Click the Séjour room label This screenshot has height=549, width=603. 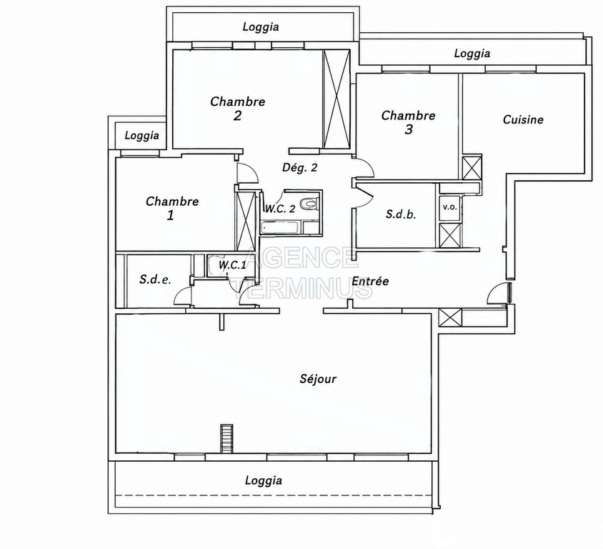pyautogui.click(x=318, y=380)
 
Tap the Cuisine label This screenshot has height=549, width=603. pyautogui.click(x=523, y=119)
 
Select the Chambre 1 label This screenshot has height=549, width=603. pyautogui.click(x=172, y=208)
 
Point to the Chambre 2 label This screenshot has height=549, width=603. pyautogui.click(x=238, y=109)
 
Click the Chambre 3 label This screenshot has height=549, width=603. pyautogui.click(x=409, y=122)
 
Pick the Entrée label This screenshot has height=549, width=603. pyautogui.click(x=370, y=281)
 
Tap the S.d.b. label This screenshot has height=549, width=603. pyautogui.click(x=401, y=214)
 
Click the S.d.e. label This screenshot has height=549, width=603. pyautogui.click(x=155, y=280)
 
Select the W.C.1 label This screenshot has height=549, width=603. pyautogui.click(x=232, y=265)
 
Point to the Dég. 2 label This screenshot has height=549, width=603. pyautogui.click(x=300, y=168)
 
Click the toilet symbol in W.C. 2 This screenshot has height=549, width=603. pyautogui.click(x=309, y=203)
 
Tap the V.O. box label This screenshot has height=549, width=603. pyautogui.click(x=450, y=207)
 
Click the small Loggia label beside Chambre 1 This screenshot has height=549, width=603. pyautogui.click(x=142, y=135)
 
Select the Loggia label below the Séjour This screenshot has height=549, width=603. pyautogui.click(x=264, y=480)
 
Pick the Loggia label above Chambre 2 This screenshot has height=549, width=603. pyautogui.click(x=261, y=27)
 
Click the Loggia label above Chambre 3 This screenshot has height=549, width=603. pyautogui.click(x=472, y=53)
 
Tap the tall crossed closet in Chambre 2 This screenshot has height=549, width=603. pyautogui.click(x=337, y=99)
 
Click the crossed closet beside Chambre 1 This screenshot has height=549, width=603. pyautogui.click(x=246, y=221)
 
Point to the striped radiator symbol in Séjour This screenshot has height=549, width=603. pyautogui.click(x=226, y=439)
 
